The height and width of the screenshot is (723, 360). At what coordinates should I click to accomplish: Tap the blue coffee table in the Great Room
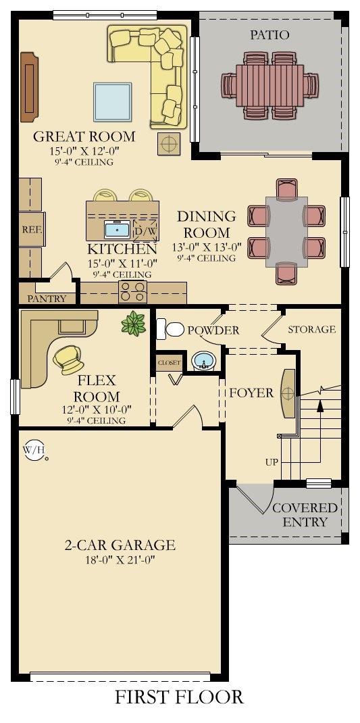click(x=113, y=101)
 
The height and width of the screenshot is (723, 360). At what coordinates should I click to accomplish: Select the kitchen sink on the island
click(x=118, y=229)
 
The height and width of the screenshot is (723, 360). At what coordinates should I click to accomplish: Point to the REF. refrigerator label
click(x=32, y=229)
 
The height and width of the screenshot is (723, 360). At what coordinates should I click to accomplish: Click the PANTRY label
click(x=47, y=299)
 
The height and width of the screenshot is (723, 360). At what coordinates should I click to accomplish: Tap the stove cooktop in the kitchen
click(x=133, y=292)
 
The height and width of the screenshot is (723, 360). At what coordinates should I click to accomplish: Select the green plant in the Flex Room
click(x=134, y=323)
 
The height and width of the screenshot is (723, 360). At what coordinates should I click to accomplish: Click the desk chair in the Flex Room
click(x=69, y=359)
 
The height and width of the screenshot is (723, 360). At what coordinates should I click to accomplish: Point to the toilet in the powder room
click(x=170, y=329)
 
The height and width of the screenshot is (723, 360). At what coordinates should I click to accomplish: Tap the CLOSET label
click(x=169, y=362)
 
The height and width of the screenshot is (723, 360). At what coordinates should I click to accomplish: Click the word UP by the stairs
click(x=272, y=462)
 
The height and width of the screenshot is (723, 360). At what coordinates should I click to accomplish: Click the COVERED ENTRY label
click(x=305, y=515)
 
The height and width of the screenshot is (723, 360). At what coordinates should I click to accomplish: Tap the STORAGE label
click(x=311, y=329)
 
